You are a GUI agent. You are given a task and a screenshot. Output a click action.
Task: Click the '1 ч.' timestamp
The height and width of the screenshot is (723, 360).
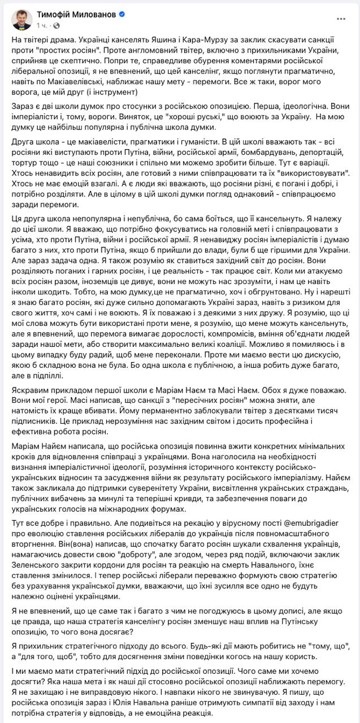click(42, 25)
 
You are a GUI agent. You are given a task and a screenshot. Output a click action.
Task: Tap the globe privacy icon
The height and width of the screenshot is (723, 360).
click(57, 25)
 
